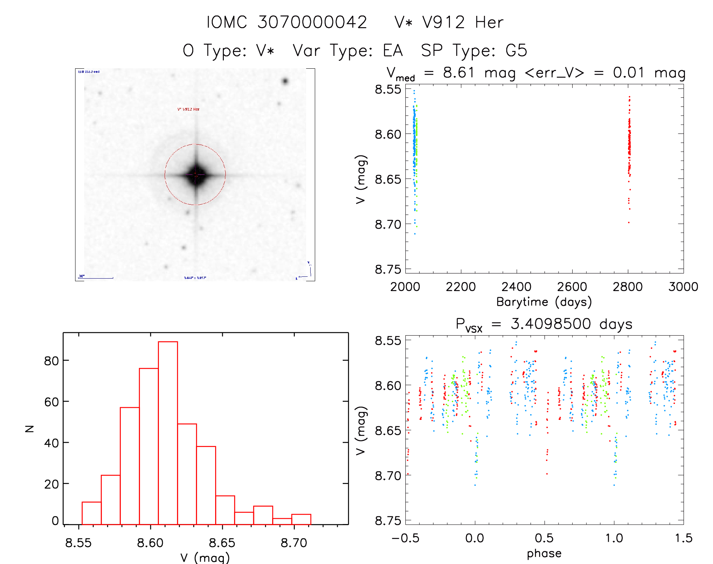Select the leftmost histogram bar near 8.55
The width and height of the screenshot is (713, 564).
pyautogui.click(x=91, y=513)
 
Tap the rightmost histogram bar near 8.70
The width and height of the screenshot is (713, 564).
pyautogui.click(x=301, y=519)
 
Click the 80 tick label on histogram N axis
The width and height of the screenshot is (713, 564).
pyautogui.click(x=51, y=361)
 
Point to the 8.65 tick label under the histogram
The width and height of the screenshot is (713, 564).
pyautogui.click(x=222, y=543)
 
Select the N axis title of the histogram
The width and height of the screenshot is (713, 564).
pyautogui.click(x=29, y=428)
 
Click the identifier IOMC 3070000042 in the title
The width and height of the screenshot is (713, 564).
pyautogui.click(x=286, y=23)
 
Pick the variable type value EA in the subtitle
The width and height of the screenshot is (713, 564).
pyautogui.click(x=393, y=51)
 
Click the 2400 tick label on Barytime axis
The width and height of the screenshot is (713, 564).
pyautogui.click(x=516, y=287)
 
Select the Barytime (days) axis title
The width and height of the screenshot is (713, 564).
pyautogui.click(x=544, y=302)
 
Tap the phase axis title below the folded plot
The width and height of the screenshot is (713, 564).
pyautogui.click(x=544, y=553)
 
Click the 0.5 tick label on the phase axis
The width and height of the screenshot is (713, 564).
pyautogui.click(x=544, y=538)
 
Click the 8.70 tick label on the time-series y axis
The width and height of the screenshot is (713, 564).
pyautogui.click(x=388, y=225)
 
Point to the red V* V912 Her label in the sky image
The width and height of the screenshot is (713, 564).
pyautogui.click(x=188, y=109)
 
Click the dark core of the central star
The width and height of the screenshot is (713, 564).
pyautogui.click(x=196, y=175)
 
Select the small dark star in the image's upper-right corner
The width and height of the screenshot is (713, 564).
pyautogui.click(x=285, y=81)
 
